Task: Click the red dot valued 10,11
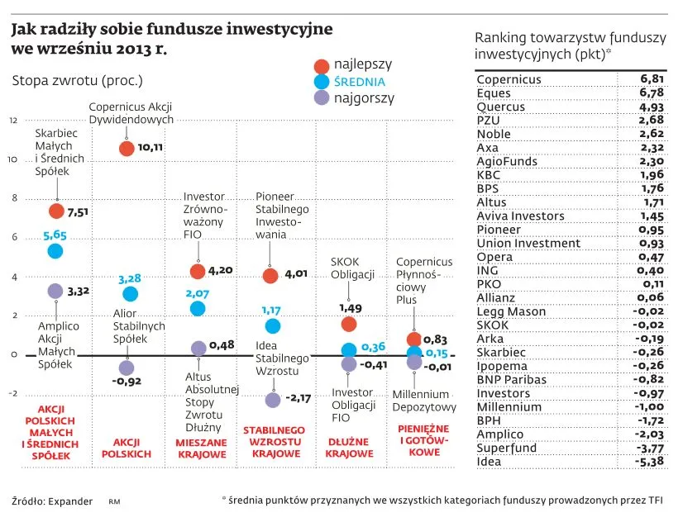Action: [x=127, y=149]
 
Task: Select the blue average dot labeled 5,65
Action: [x=55, y=251]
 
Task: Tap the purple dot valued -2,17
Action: [x=273, y=400]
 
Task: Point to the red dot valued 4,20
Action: [x=198, y=271]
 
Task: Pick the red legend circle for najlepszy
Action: [x=322, y=65]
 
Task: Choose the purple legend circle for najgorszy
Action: [x=322, y=98]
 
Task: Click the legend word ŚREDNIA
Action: [x=360, y=82]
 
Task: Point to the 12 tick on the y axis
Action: [x=13, y=121]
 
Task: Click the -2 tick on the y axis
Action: [x=12, y=393]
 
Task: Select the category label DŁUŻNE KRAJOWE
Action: [x=349, y=448]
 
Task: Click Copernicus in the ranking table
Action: [x=509, y=79]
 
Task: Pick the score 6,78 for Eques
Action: [x=652, y=93]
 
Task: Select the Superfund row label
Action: [x=506, y=448]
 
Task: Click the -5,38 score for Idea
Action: [x=650, y=461]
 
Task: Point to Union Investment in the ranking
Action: [x=528, y=243]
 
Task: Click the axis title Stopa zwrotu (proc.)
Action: [x=77, y=81]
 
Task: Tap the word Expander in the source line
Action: [x=69, y=501]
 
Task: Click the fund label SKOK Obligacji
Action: [x=353, y=268]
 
